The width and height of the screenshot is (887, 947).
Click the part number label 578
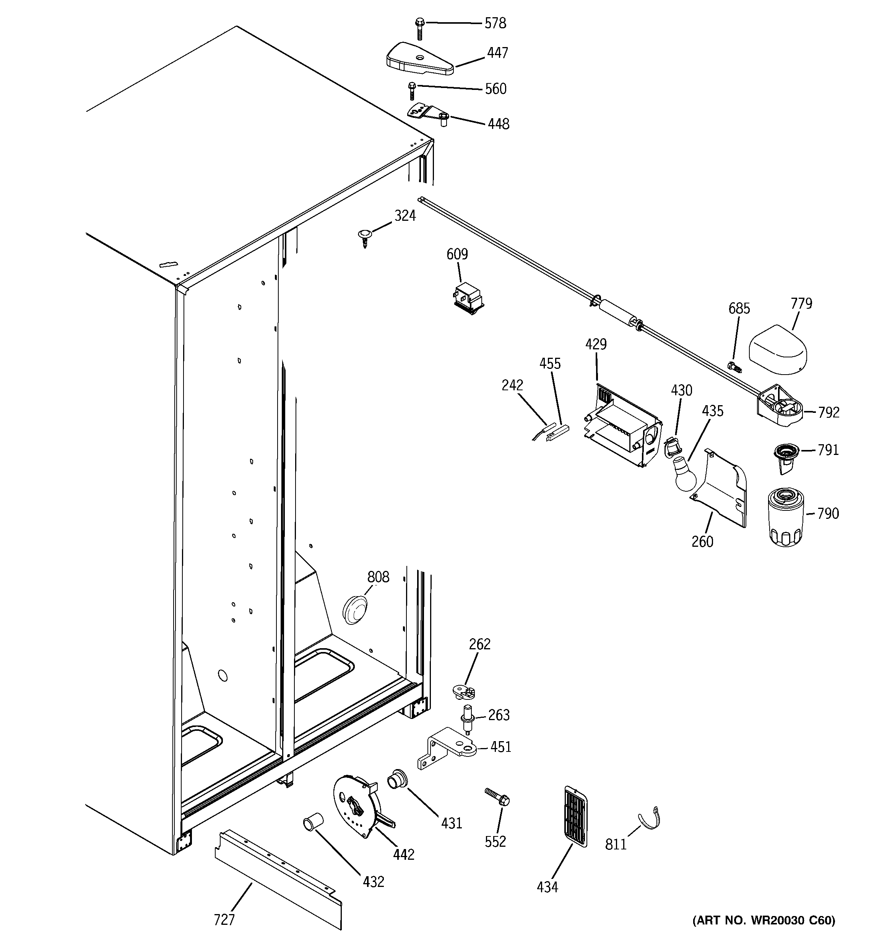pos(495,23)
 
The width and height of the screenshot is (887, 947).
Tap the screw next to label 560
pos(412,91)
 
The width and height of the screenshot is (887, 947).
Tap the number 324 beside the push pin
pos(405,216)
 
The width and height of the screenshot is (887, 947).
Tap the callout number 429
pos(596,344)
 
